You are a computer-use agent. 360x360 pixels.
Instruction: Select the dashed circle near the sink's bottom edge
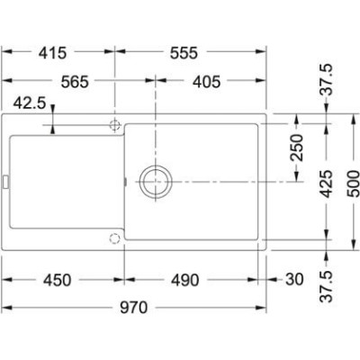tap(114, 238)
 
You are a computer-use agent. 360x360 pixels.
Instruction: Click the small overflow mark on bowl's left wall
tap(124, 179)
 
